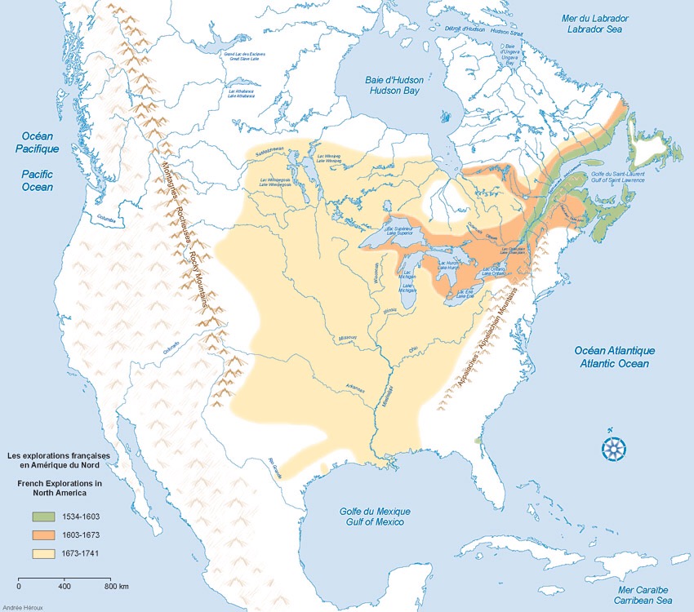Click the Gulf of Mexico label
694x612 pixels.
[x=375, y=517]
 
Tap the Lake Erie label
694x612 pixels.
[x=466, y=292]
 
